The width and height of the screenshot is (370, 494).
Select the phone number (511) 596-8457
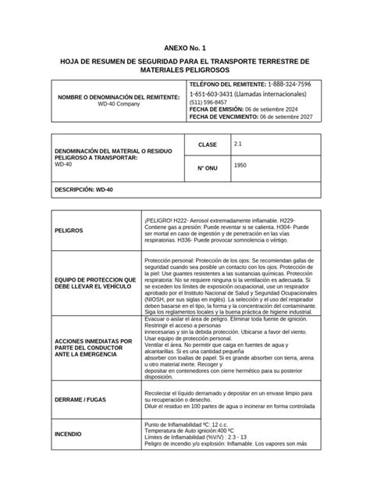tap(208, 102)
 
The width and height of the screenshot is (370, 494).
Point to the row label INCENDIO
tap(69, 433)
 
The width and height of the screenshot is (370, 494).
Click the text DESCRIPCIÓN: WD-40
tap(84, 190)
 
